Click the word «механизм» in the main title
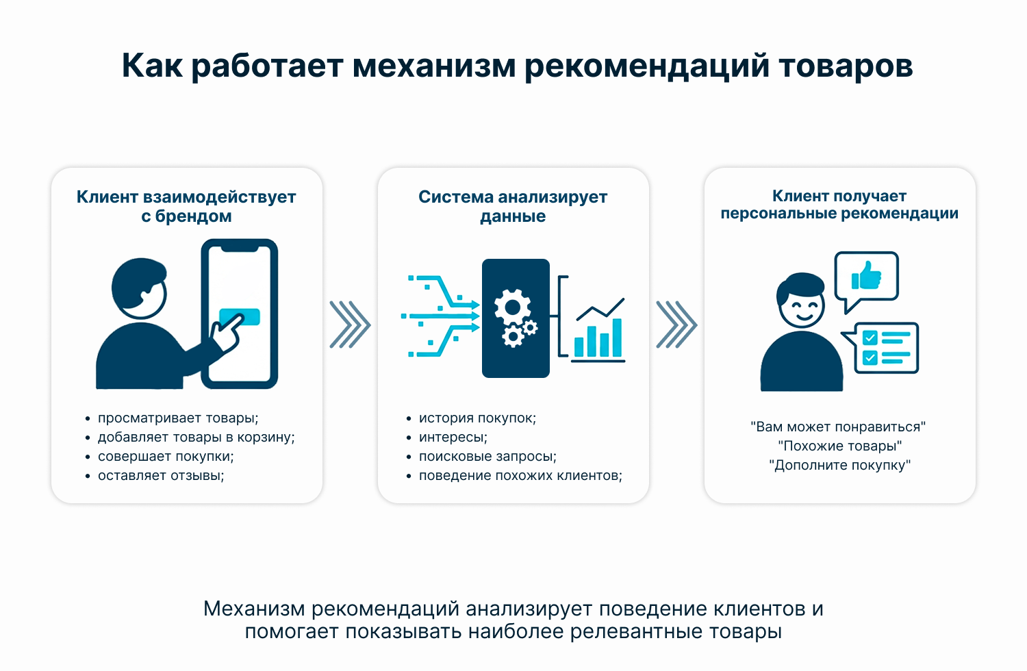click(433, 66)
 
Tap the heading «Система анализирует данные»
click(513, 206)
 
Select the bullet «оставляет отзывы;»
click(161, 476)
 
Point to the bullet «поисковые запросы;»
click(487, 457)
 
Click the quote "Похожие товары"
click(839, 446)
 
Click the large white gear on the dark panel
click(512, 307)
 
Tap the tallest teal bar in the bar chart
click(617, 338)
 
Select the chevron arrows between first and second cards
click(350, 325)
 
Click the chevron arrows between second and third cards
click(676, 325)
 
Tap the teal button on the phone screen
click(240, 316)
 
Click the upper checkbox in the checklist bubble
click(870, 338)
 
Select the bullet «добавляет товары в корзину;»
click(196, 437)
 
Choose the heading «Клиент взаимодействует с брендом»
click(186, 206)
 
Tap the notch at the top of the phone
click(240, 248)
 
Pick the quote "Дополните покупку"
click(839, 465)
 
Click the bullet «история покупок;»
click(477, 418)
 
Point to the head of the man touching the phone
click(140, 288)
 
